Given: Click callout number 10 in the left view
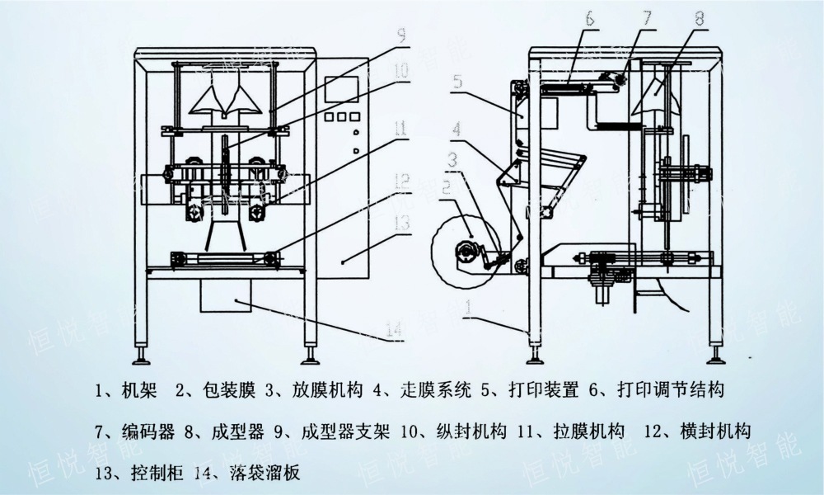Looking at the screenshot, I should pyautogui.click(x=400, y=71).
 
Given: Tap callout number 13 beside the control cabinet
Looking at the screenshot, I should pyautogui.click(x=401, y=221).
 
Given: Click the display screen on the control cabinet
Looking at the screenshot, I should pyautogui.click(x=342, y=90).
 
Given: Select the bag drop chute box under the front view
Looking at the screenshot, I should pyautogui.click(x=226, y=293).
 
